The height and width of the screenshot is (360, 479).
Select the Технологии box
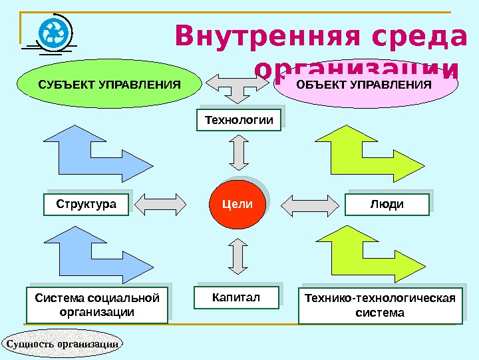(239, 120)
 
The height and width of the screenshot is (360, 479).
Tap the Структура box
(86, 205)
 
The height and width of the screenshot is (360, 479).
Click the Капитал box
(236, 297)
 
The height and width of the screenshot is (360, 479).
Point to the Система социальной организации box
(96, 305)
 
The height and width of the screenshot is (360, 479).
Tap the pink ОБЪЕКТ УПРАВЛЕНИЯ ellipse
(364, 85)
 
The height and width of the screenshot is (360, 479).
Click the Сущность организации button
(63, 343)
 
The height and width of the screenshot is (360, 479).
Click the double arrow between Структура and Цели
(164, 205)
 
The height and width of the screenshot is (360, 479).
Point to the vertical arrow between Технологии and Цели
(239, 154)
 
